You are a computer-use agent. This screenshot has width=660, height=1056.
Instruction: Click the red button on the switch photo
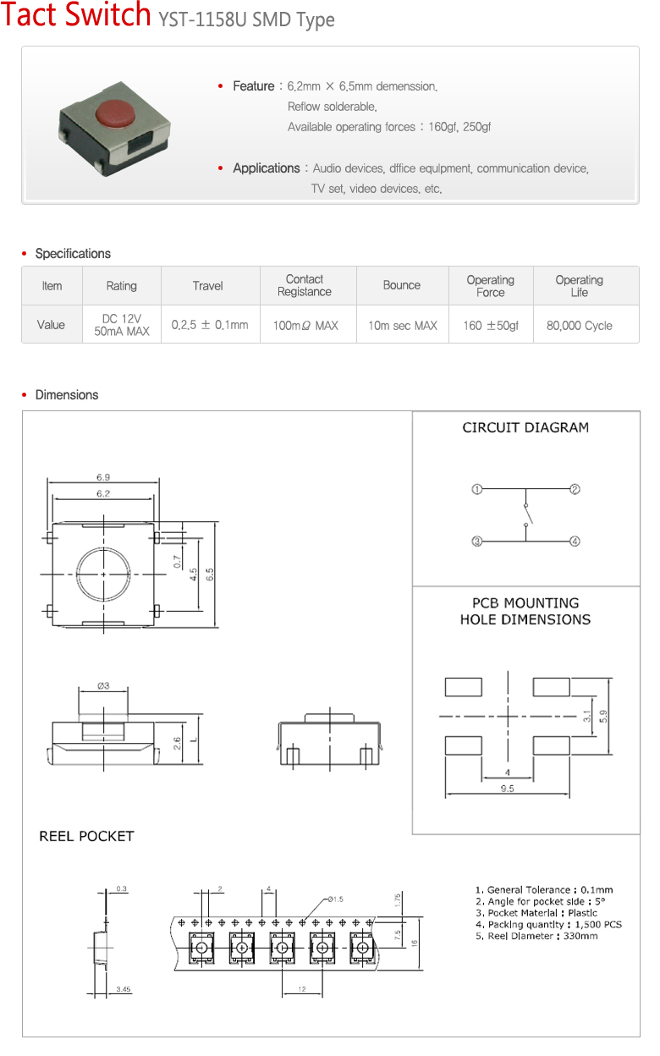tap(115, 113)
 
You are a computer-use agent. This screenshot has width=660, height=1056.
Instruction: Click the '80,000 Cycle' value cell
tap(580, 325)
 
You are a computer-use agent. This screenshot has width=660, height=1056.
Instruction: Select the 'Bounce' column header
tap(402, 285)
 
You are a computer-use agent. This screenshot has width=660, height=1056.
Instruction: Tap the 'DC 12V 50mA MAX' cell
tap(122, 325)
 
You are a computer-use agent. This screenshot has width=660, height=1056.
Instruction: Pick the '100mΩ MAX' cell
tap(305, 325)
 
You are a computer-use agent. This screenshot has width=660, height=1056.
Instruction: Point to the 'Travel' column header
tap(207, 286)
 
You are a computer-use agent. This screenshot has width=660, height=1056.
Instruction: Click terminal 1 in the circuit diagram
tap(477, 489)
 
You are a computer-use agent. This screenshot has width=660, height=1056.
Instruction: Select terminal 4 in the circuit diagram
tap(575, 542)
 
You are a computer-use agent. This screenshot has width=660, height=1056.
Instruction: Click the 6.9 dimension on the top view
tap(103, 477)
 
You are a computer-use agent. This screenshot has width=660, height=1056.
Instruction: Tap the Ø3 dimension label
tap(103, 685)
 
